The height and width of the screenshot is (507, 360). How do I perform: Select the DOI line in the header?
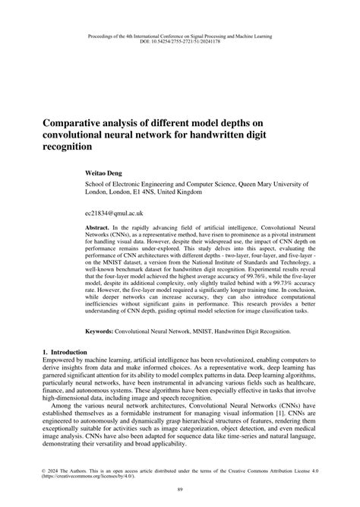(x=180, y=43)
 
